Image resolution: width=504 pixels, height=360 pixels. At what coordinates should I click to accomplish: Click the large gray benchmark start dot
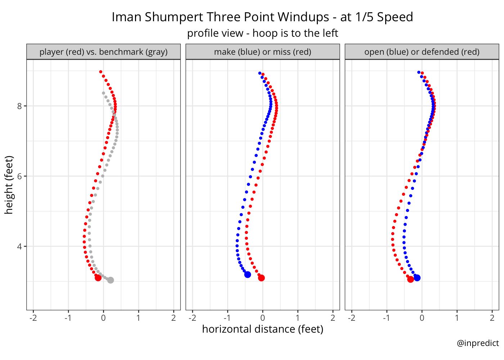[x=111, y=280]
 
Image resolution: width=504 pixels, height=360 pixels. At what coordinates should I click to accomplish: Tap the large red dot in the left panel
[x=98, y=278]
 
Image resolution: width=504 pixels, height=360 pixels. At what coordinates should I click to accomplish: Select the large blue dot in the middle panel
[x=248, y=275]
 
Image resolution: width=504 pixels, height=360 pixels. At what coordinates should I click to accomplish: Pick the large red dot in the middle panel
[x=261, y=278]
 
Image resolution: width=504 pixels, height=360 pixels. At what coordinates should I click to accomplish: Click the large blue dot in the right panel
[x=417, y=278]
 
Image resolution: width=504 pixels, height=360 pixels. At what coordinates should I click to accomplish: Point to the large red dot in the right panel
[x=410, y=279]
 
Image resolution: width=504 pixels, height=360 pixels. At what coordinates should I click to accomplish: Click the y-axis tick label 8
[x=19, y=106]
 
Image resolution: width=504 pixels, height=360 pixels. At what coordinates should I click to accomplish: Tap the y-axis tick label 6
[x=19, y=176]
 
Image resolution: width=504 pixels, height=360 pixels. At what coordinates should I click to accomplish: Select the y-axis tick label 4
[x=19, y=247]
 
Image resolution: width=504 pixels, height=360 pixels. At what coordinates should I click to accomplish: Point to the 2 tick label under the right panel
[x=492, y=318]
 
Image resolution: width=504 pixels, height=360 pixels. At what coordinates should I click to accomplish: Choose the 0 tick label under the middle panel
[x=262, y=318]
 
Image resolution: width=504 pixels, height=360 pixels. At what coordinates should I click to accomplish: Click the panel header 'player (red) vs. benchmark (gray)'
[x=103, y=52]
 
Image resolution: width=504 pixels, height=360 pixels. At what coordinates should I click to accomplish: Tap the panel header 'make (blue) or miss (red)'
[x=262, y=52]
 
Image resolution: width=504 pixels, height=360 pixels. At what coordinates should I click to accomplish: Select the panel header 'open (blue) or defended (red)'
[x=422, y=52]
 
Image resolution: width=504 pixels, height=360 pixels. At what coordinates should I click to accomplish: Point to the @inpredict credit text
[x=478, y=343]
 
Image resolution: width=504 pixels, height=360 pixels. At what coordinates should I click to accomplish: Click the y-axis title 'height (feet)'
[x=9, y=185]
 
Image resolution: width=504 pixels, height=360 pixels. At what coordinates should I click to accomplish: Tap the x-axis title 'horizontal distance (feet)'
[x=262, y=329]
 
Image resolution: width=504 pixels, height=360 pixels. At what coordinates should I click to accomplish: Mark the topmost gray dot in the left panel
[x=103, y=93]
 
